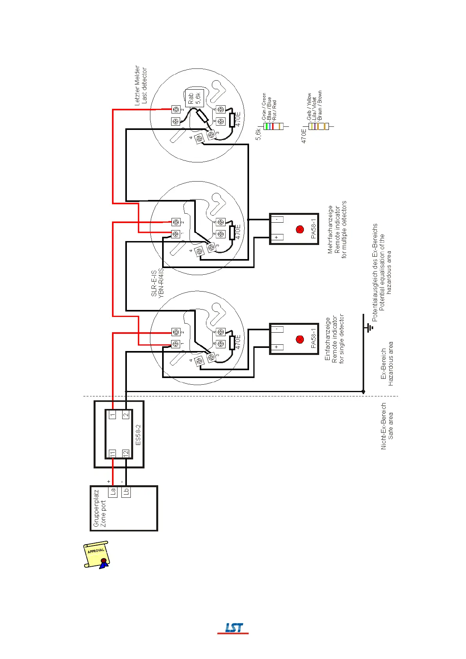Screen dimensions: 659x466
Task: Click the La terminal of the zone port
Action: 113,492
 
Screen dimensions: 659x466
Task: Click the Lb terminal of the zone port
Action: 126,492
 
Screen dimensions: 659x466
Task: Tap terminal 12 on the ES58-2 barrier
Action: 126,454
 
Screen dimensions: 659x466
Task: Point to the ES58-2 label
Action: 138,434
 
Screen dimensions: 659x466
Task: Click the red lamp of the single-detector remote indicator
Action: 300,339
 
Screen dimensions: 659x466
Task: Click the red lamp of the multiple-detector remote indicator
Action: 300,229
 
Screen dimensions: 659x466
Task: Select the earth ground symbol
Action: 368,327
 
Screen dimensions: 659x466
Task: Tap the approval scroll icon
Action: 96,554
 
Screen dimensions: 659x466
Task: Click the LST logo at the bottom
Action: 233,628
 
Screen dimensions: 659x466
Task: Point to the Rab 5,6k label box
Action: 194,98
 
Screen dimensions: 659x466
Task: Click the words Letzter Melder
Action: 137,85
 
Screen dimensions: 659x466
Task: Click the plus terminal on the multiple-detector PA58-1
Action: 276,237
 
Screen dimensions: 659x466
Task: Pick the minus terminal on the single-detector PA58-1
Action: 276,329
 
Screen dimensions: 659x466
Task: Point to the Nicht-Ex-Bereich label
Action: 384,426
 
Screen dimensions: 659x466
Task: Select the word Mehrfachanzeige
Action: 330,230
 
